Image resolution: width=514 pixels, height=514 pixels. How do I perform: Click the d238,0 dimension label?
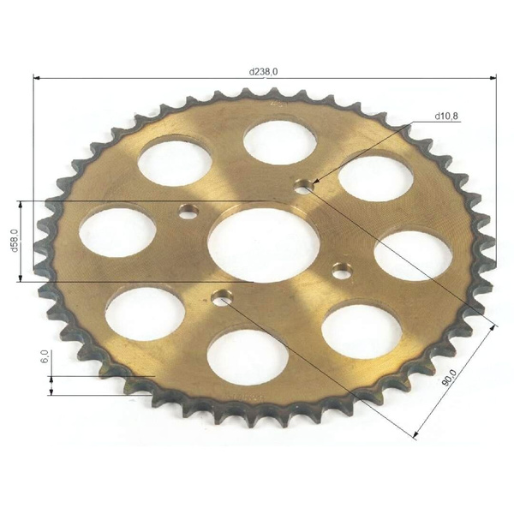[263, 72]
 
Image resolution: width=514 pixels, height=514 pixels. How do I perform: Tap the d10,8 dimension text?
[446, 116]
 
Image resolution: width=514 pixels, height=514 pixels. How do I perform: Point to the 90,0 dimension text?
[451, 378]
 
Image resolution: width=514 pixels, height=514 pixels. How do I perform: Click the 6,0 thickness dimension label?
[45, 356]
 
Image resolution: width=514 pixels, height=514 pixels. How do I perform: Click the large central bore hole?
[264, 245]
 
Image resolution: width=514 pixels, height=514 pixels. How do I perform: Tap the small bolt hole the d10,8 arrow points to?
[304, 187]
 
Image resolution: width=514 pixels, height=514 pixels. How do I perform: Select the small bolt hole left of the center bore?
[188, 212]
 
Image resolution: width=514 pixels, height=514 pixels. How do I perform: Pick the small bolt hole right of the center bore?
[342, 271]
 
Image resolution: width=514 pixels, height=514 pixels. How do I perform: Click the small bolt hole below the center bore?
[222, 298]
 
